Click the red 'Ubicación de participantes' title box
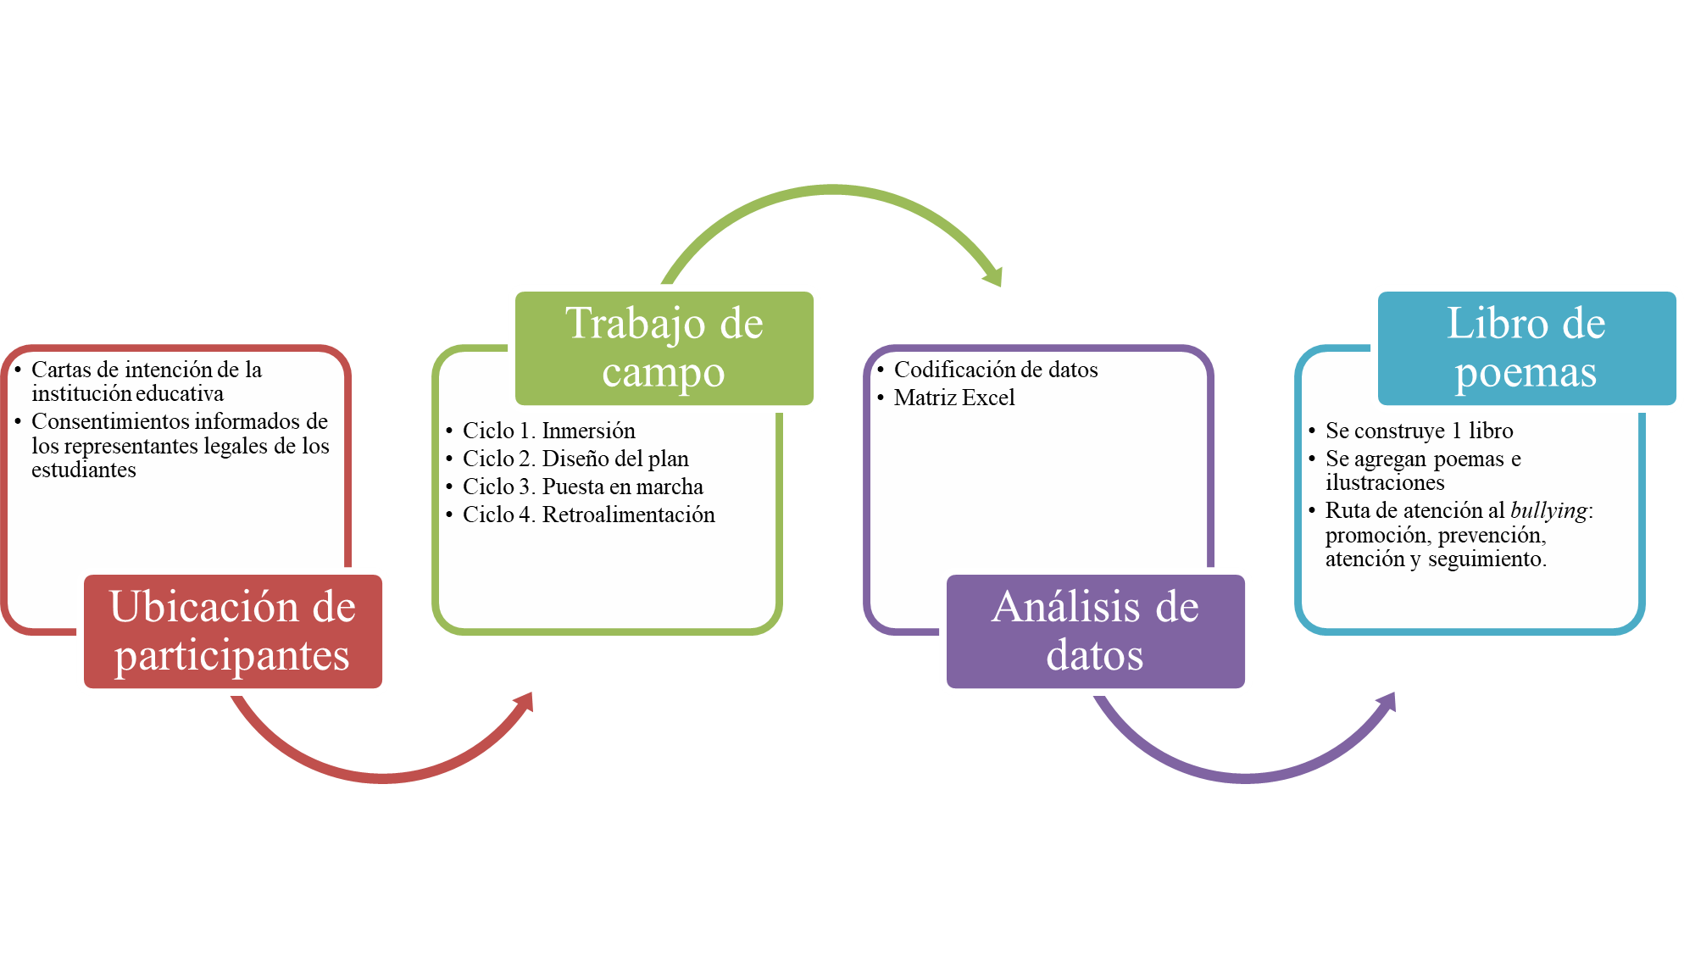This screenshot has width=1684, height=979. pos(232,631)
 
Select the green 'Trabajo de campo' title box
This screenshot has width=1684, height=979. pos(664,348)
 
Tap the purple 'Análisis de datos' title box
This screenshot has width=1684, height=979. pos(1095,631)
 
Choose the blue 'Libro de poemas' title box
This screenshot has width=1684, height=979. pos(1526,348)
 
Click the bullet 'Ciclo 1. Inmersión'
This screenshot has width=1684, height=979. pos(548,431)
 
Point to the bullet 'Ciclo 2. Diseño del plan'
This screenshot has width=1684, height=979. pos(575,459)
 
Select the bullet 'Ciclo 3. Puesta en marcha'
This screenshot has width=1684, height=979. pos(582,487)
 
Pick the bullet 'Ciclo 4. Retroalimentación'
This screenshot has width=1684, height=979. pos(588,515)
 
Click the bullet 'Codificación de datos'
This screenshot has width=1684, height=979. pos(995,370)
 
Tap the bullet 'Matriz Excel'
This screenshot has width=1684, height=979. pos(953,398)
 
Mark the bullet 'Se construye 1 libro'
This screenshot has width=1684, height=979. pos(1419,431)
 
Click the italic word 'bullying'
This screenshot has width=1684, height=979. pos(1548,510)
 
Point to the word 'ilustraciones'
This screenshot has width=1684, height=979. pos(1385,482)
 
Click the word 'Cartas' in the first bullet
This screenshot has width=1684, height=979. pos(61,370)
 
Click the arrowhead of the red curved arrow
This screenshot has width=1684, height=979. pos(525,702)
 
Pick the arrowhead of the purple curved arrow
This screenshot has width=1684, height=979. pos(1388,702)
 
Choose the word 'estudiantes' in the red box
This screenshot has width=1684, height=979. pos(83,470)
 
